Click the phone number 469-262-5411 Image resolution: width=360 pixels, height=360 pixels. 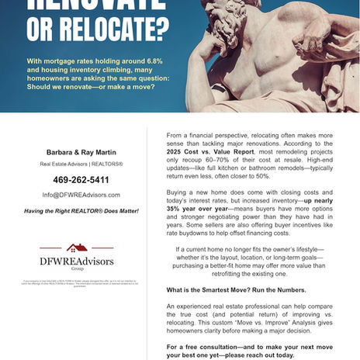pos(81,179)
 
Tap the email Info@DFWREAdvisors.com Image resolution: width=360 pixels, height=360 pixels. pos(81,195)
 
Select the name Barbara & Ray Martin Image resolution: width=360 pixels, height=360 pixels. pos(81,151)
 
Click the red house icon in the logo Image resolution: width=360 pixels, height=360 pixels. pos(77,247)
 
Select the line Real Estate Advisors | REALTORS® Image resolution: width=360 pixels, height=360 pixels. pos(81,164)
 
